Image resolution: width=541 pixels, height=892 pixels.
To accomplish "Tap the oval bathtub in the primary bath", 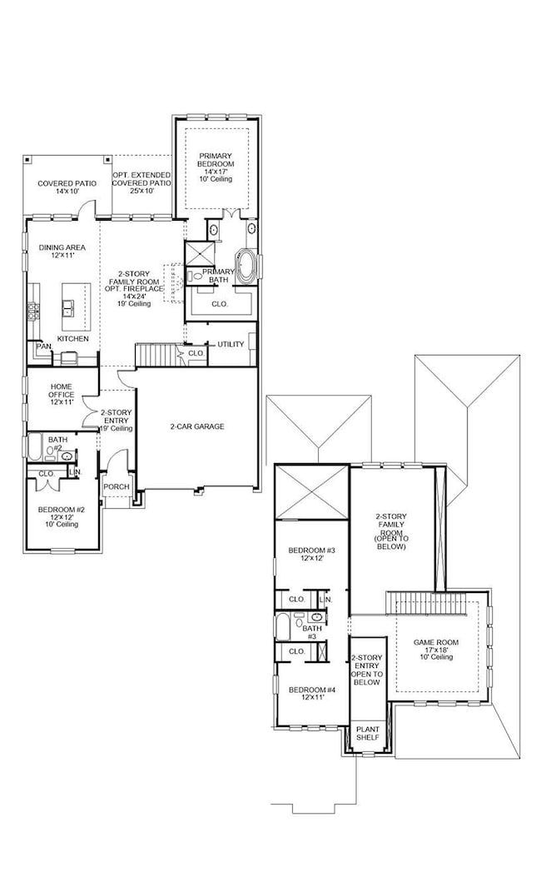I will (x=247, y=267).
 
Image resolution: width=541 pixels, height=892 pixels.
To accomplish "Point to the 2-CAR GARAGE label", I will (x=196, y=426).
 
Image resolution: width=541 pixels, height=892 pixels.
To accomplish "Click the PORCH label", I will (x=115, y=486).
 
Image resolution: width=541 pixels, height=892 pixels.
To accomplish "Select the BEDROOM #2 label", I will (x=58, y=515).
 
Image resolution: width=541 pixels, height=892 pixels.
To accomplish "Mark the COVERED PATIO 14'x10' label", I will (x=67, y=187).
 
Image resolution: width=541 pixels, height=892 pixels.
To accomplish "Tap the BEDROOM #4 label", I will (x=310, y=694).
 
